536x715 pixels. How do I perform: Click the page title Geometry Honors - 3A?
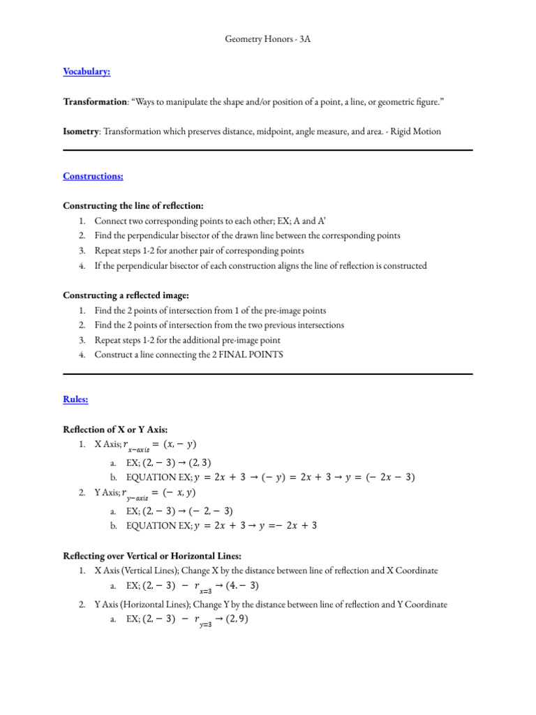[267, 40]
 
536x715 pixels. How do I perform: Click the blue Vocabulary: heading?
[87, 71]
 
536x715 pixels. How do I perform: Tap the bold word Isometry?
[81, 131]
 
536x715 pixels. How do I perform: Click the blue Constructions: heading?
[93, 176]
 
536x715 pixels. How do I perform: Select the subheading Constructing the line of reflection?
[133, 206]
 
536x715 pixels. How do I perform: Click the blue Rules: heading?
[75, 399]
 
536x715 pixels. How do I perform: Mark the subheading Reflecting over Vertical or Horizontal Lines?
[152, 556]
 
